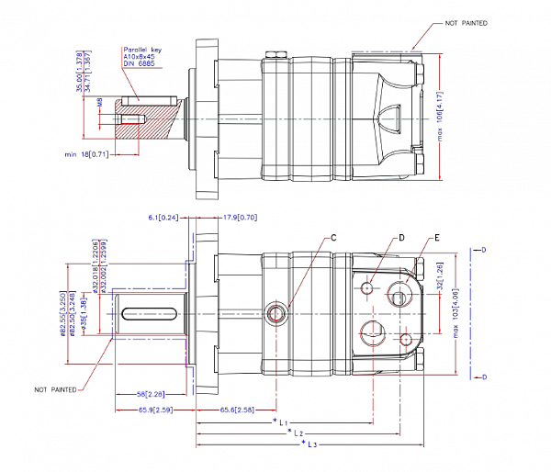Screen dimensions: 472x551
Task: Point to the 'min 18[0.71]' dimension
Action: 87,154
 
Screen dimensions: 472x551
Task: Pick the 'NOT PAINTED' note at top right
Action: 466,22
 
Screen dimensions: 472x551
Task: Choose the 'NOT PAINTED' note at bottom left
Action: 55,389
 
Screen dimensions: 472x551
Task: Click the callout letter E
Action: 437,237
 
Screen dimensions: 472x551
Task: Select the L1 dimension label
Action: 284,420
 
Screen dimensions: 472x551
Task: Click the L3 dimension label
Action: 311,444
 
